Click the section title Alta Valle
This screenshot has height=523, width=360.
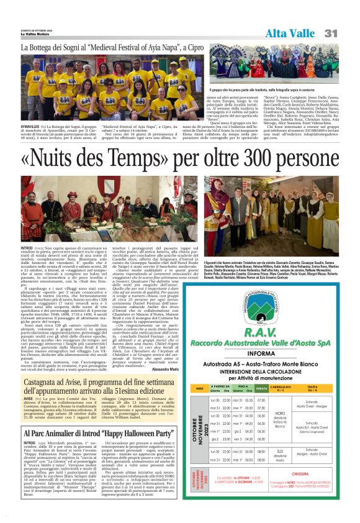[291, 33]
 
